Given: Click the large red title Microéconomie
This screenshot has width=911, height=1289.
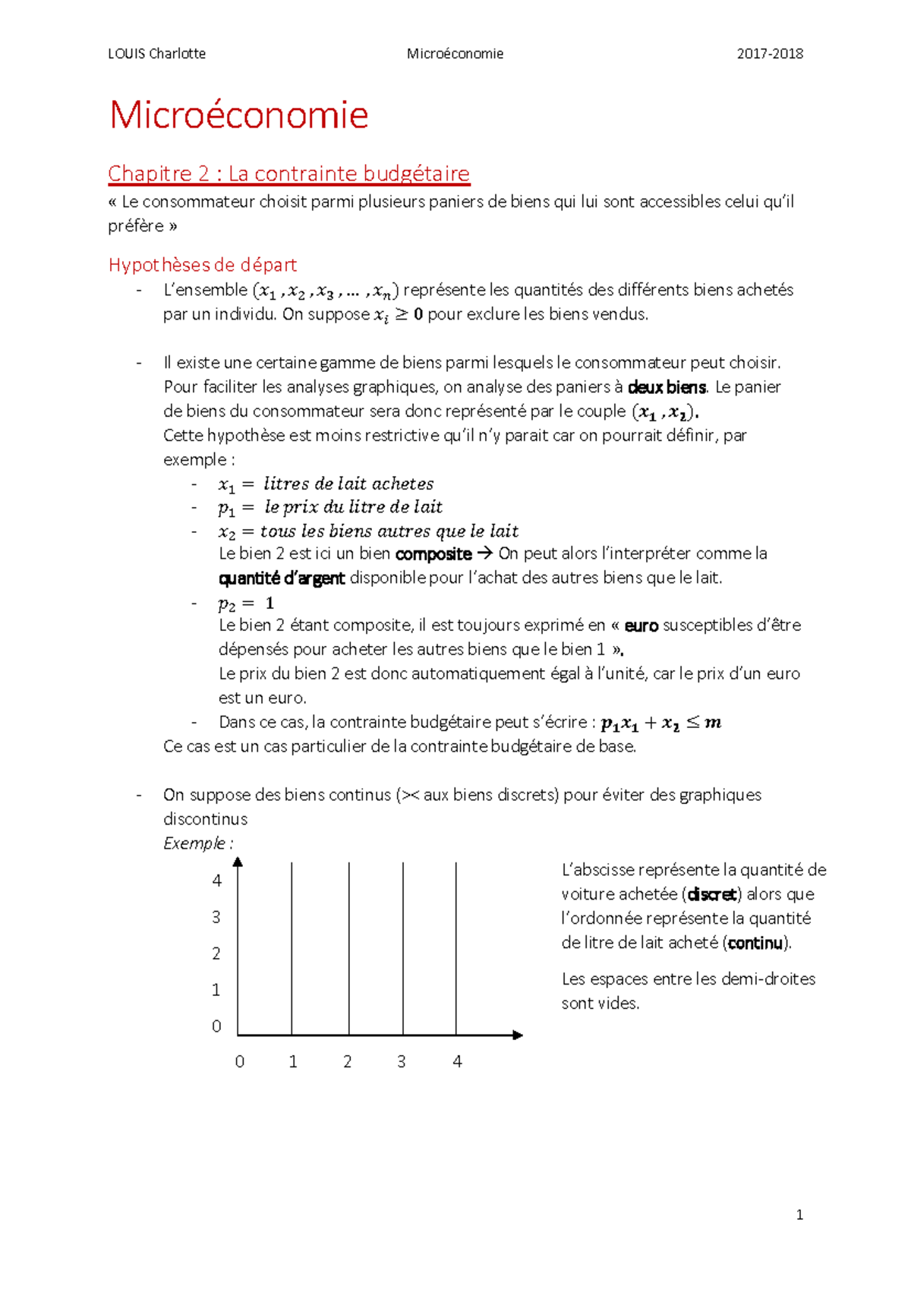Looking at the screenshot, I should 238,115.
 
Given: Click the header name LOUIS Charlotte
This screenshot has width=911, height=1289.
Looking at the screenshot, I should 156,54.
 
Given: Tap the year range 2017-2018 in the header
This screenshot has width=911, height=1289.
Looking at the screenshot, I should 770,54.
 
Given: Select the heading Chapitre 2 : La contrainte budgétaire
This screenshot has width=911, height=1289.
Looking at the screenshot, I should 288,174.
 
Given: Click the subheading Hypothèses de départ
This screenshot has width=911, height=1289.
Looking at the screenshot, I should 202,265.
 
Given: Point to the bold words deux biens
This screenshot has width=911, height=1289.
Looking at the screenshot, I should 667,387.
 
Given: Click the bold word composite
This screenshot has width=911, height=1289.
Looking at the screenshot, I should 433,554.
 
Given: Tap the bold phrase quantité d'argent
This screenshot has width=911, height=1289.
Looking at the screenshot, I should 282,578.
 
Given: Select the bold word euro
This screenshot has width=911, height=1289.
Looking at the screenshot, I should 641,626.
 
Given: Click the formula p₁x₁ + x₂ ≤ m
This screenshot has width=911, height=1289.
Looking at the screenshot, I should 660,723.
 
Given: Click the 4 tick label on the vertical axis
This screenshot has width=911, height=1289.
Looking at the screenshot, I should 217,881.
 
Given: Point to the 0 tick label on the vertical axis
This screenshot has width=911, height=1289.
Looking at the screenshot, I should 216,1026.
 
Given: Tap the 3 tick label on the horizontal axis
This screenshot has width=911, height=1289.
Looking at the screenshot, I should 402,1062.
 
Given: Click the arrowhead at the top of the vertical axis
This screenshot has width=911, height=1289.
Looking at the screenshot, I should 238,862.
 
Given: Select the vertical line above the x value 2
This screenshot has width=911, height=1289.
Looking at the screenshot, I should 349,949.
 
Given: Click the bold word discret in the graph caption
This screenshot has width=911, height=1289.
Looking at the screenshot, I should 711,894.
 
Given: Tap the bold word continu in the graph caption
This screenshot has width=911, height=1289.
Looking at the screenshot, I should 755,943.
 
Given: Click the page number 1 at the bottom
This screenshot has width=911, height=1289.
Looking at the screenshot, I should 799,1215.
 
